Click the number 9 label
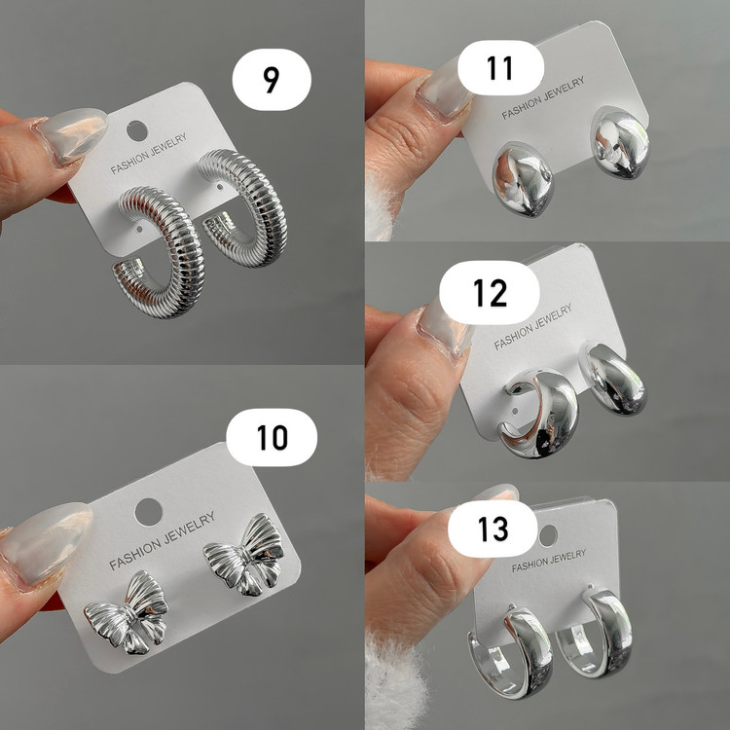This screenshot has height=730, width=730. tap(272, 80)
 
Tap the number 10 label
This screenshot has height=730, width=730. tap(272, 437)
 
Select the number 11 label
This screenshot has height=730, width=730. tap(500, 68)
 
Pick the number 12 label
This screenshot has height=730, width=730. tap(490, 293)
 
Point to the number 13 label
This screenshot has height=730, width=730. tap(493, 529)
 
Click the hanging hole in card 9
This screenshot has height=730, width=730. tap(137, 130)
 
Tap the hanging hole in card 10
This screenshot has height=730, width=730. tap(149, 512)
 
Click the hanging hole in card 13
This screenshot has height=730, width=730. tap(548, 536)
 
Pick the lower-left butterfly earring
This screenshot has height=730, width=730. tap(127, 612)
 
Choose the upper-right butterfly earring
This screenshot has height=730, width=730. tap(244, 555)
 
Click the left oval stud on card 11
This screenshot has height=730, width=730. tap(523, 179)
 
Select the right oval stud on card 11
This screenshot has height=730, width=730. tap(621, 142)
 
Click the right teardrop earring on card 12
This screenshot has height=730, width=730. tap(612, 379)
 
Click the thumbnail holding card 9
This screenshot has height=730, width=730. tap(72, 135)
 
